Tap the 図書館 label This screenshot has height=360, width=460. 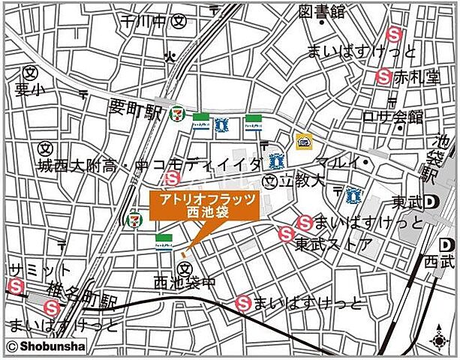coord(321,11)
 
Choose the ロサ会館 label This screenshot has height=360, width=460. coord(392,117)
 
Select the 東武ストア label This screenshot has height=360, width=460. coord(332,244)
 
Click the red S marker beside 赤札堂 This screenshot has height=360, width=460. coord(383,75)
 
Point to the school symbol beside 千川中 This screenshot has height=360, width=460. coord(179,21)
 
